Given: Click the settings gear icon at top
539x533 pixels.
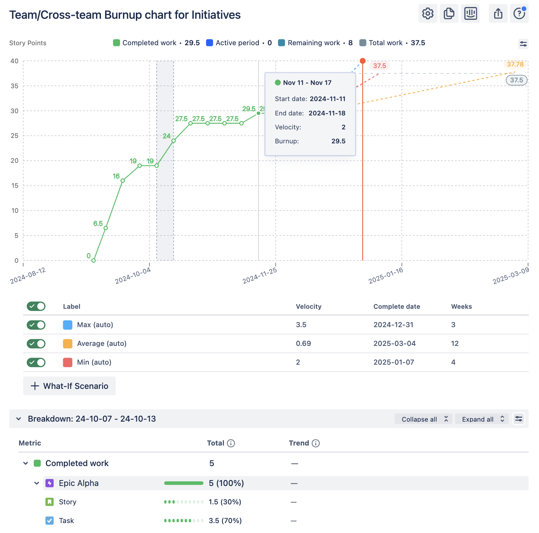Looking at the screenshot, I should click(x=428, y=14).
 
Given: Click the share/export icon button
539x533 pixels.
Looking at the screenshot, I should click(x=498, y=14).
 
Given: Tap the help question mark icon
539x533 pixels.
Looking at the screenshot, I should click(x=519, y=14).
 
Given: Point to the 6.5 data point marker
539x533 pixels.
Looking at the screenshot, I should click(x=106, y=228).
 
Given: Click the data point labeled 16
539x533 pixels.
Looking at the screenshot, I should click(x=123, y=180).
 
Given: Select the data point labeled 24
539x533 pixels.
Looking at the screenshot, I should click(x=174, y=141).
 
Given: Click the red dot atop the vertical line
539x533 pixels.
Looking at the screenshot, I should click(x=363, y=61).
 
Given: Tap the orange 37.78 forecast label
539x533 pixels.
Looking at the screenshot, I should click(x=515, y=65).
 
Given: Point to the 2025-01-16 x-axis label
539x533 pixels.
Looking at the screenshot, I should click(x=386, y=276).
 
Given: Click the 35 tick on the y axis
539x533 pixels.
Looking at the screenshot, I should click(x=14, y=86).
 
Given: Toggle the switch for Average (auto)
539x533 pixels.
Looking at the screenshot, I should click(x=36, y=344).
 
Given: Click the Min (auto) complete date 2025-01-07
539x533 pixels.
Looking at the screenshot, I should click(x=394, y=362).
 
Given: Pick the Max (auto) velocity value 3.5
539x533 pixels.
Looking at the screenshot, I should click(x=301, y=325).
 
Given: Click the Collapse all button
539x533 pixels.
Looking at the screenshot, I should click(x=423, y=419).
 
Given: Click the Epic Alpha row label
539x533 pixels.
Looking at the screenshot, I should click(x=79, y=483).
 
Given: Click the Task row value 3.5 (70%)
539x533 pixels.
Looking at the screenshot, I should click(x=225, y=521).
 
